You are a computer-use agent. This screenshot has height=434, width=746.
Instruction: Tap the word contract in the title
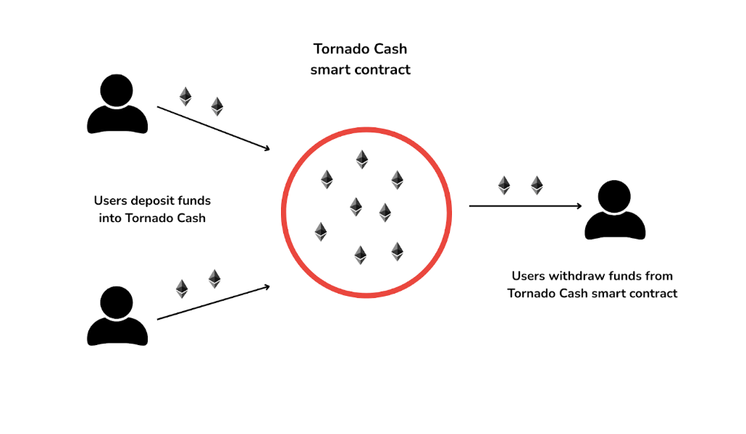(x=384, y=70)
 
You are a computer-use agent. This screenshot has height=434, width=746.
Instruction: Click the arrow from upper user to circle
(x=214, y=129)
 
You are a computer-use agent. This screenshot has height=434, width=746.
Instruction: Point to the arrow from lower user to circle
(x=214, y=302)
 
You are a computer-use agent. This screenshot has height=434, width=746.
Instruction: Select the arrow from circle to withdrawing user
(x=525, y=206)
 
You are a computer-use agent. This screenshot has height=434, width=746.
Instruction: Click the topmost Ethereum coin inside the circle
(x=361, y=159)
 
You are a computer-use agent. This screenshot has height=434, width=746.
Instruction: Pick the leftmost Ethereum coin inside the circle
(x=320, y=231)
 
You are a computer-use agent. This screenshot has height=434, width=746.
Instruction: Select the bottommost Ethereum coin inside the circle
(x=360, y=255)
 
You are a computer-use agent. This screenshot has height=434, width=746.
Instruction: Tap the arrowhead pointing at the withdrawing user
(x=579, y=206)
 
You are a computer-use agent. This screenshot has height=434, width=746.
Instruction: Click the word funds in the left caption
(x=194, y=200)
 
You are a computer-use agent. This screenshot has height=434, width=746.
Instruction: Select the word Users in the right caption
(x=529, y=276)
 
